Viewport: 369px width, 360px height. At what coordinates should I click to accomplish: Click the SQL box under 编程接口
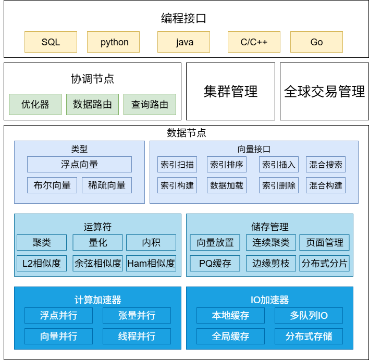point(51,42)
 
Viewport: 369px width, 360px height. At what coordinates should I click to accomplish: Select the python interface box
point(115,42)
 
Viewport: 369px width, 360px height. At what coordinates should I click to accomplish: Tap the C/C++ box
point(254,42)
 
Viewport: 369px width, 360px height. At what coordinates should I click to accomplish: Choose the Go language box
point(316,42)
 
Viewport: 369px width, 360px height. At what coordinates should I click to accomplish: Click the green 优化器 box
point(35,104)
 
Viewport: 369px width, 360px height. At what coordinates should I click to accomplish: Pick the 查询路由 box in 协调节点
point(150,104)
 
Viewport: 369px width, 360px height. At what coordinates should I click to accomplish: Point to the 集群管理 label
point(230,92)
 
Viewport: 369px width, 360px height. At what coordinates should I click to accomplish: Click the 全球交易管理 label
point(324,92)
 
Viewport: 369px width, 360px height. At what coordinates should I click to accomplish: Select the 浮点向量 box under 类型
point(79,165)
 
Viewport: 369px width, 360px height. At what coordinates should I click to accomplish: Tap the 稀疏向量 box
point(107,185)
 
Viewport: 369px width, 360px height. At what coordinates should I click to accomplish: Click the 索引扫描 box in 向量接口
point(177,165)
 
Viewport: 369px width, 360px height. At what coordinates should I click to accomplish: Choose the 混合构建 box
point(326,185)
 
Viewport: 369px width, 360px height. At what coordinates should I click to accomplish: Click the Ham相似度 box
point(151,263)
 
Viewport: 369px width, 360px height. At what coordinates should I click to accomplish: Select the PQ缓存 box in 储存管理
point(215,263)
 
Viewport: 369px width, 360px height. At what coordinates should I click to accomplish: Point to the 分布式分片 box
point(324,263)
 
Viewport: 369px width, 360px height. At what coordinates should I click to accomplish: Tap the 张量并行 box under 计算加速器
point(137,315)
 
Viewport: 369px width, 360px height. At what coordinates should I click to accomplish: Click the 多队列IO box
point(309,315)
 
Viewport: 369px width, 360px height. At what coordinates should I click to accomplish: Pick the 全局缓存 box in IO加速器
point(230,336)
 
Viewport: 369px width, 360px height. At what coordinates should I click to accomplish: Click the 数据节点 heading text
point(187,133)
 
